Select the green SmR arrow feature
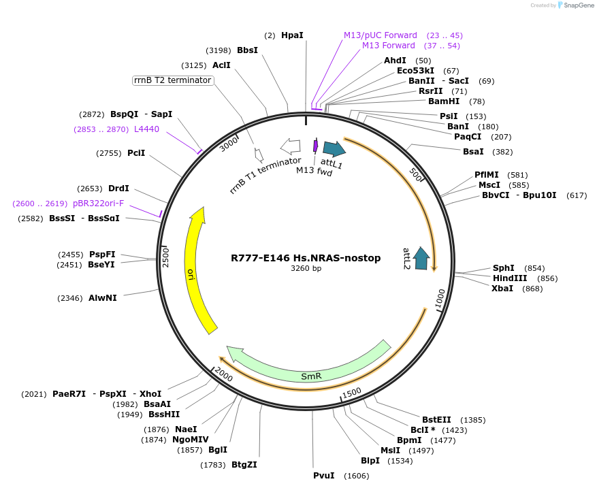point(311,375)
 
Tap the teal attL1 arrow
point(334,149)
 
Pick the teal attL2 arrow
point(421,258)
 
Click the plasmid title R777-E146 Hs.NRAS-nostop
point(306,258)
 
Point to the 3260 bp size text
point(306,268)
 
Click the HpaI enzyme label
point(292,35)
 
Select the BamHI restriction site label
point(444,101)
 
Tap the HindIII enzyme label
point(510,278)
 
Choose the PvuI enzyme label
point(323,475)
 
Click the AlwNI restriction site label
point(103,297)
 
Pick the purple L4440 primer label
point(146,129)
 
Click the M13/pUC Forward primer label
point(380,35)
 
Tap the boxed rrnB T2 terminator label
point(173,80)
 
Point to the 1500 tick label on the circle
point(352,392)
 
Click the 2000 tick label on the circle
point(223,374)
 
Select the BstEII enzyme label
point(436,419)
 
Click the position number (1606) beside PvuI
point(356,476)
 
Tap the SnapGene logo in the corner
point(575,5)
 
